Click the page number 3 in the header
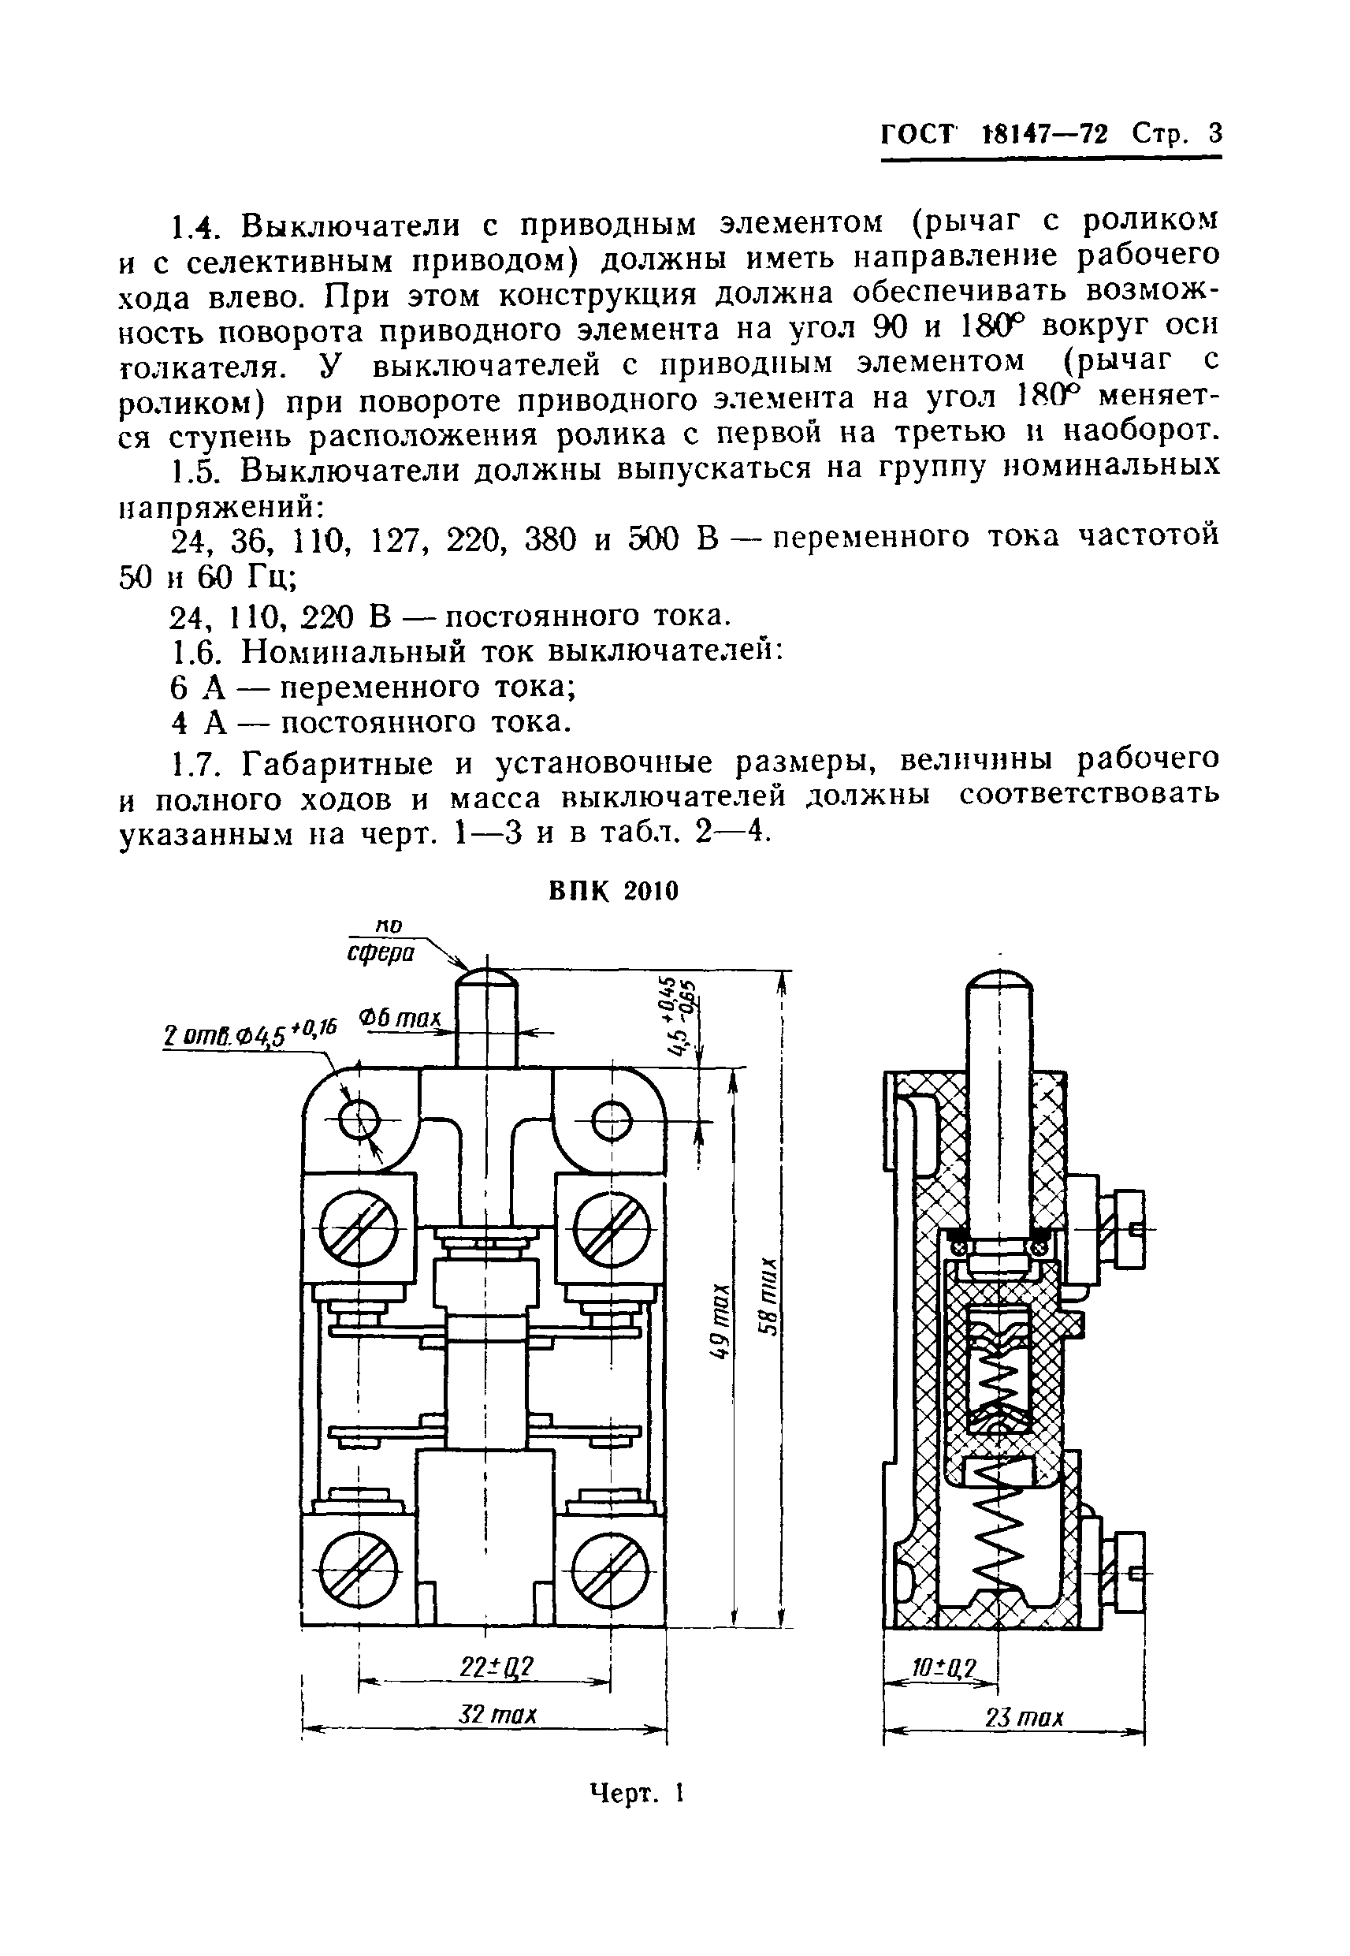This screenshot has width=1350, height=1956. click(1214, 134)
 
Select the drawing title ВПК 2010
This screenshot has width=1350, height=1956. click(613, 892)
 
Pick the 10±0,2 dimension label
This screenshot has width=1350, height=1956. click(944, 1669)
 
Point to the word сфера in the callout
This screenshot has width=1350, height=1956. click(381, 953)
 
